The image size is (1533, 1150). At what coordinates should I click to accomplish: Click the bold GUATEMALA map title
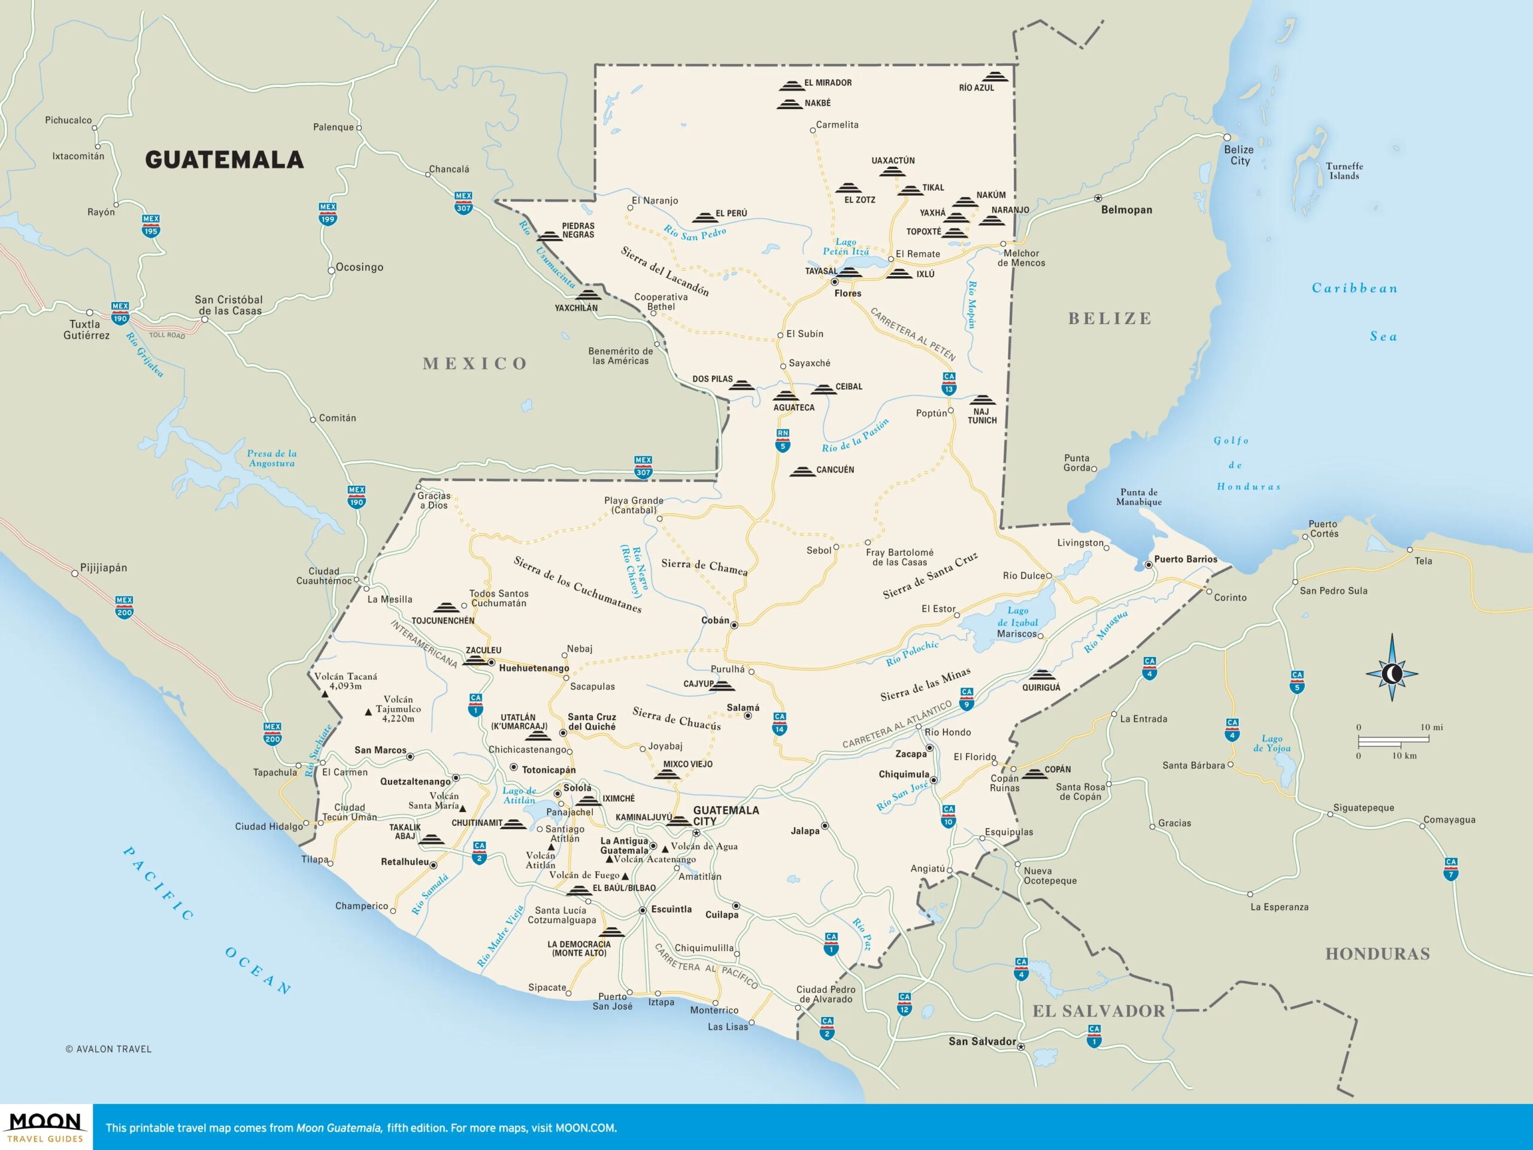(224, 160)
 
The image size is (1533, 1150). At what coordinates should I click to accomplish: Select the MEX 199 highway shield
(328, 213)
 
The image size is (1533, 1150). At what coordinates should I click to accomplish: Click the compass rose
(1392, 673)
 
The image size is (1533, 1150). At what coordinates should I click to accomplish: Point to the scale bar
(1393, 740)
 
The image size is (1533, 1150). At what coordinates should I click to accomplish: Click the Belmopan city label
(1126, 210)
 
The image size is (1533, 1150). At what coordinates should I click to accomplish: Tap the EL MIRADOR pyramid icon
(791, 86)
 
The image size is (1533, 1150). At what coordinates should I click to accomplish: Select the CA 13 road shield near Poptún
(949, 383)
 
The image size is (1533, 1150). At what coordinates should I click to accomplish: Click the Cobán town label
(714, 621)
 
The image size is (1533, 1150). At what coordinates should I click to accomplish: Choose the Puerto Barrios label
(1185, 559)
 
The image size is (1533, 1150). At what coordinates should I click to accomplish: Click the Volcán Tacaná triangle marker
(325, 694)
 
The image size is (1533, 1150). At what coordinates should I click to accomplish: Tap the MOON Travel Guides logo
(46, 1127)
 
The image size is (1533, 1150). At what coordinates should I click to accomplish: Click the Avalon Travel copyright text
(109, 1049)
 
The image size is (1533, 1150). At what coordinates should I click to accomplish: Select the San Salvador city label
(981, 1041)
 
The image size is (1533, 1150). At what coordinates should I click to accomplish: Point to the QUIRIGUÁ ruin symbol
(1040, 675)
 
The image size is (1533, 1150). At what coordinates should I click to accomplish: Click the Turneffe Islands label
(1344, 171)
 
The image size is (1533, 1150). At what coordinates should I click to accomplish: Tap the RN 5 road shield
(783, 440)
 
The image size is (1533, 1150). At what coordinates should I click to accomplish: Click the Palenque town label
(334, 128)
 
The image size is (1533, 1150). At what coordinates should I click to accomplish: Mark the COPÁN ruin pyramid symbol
(1035, 774)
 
